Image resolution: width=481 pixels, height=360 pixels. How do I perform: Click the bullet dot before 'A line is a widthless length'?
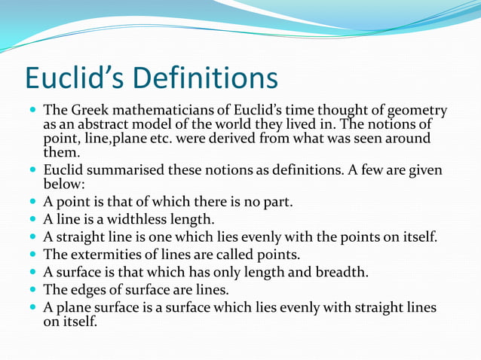coord(32,220)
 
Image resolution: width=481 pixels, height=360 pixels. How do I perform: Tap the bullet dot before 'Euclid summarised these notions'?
coord(32,170)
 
